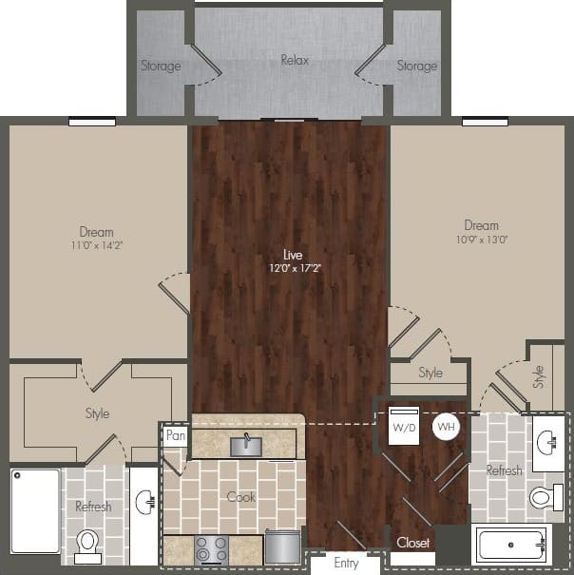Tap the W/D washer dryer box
405,427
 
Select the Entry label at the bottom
346,564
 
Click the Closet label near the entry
413,543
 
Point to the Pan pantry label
175,436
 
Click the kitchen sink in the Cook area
246,444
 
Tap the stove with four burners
211,549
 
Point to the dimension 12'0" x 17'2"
290,269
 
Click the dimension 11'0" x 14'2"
96,245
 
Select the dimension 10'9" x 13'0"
481,240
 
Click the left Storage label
162,66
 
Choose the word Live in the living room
292,255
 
